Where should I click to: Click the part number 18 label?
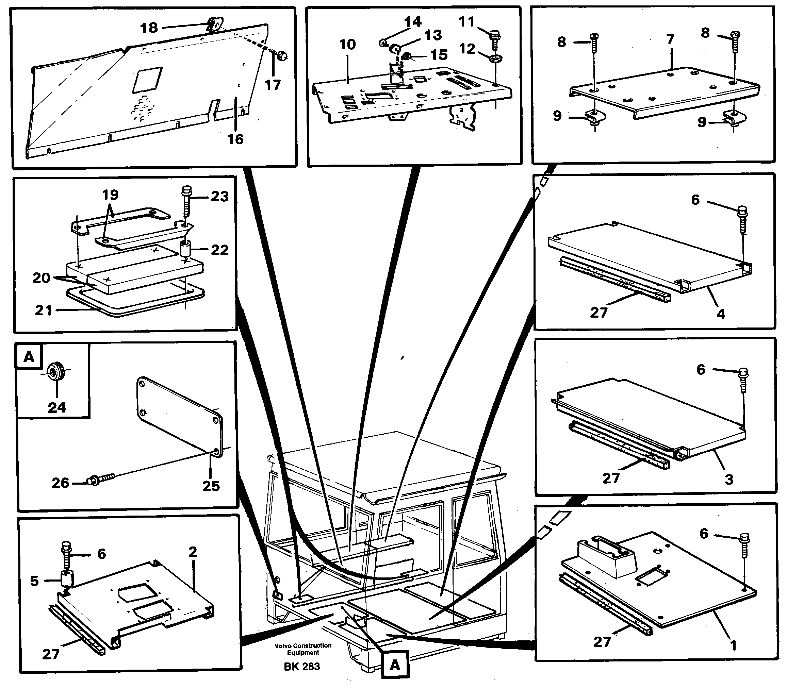point(149,28)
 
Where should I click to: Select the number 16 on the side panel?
point(235,139)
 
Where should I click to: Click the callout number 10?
point(347,45)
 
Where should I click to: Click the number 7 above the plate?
point(670,39)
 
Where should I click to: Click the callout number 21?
point(43,310)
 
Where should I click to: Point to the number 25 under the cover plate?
point(211,486)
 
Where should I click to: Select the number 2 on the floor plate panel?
point(193,552)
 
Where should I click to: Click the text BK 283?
point(301,666)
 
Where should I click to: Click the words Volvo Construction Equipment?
point(303,649)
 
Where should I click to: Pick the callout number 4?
point(720,314)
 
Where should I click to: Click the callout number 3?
point(728,480)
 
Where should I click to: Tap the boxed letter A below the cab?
point(395,665)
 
